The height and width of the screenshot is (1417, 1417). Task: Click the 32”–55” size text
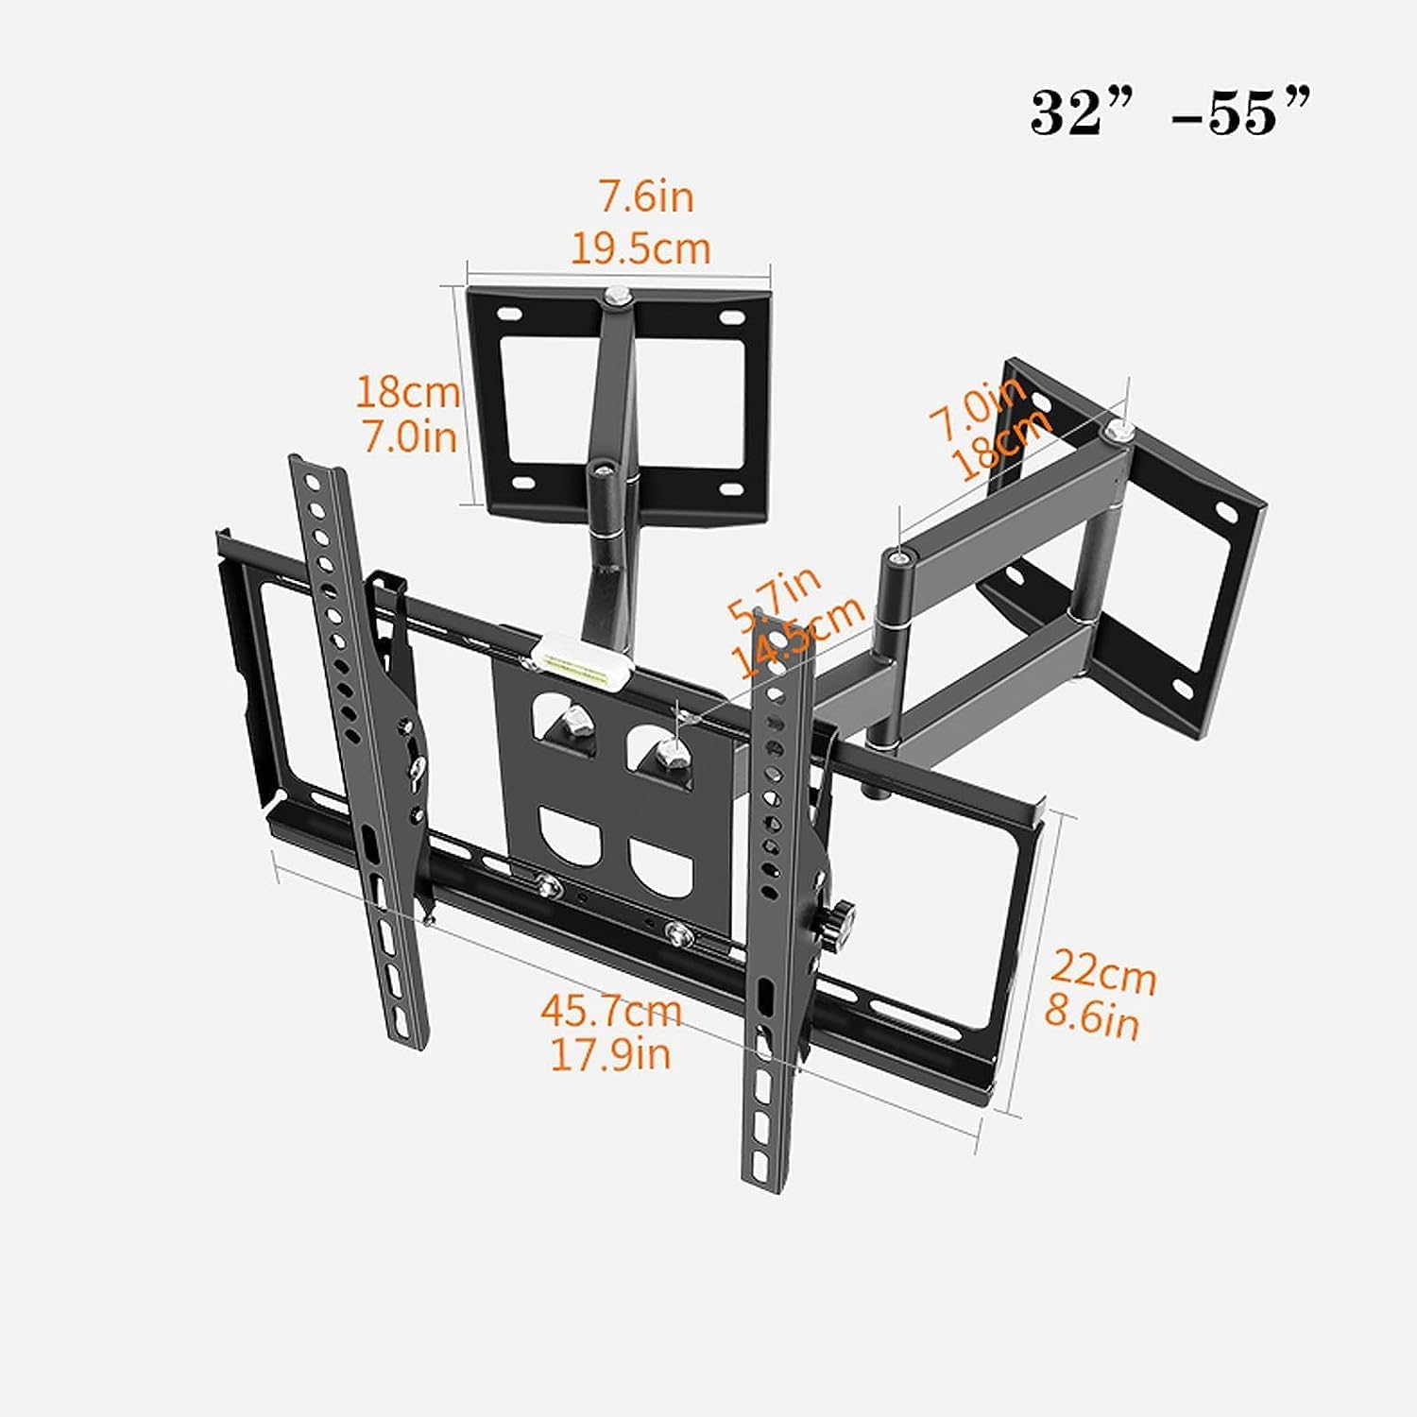(1169, 115)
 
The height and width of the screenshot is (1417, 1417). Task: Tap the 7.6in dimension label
(646, 197)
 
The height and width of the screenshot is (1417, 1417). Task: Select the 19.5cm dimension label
(640, 248)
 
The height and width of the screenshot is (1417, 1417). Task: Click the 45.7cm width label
(610, 1010)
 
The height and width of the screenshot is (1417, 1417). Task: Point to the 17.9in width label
(610, 1053)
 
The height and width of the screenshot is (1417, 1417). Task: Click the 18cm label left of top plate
(407, 391)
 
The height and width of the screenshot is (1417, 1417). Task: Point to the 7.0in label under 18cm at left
(410, 436)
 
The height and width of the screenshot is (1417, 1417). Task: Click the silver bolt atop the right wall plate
(1118, 430)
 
